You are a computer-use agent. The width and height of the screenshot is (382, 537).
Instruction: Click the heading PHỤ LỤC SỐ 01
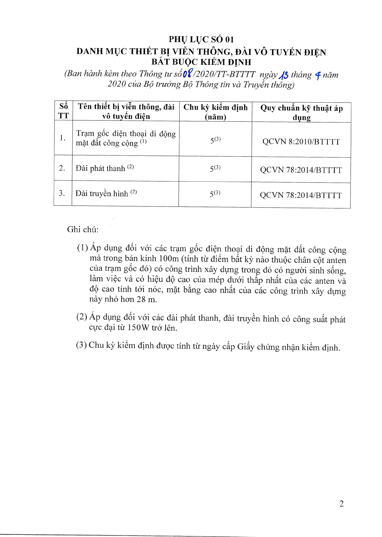click(x=201, y=40)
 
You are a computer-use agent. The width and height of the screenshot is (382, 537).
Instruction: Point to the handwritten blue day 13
click(x=283, y=75)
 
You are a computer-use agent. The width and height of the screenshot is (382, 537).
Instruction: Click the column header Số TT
click(x=64, y=111)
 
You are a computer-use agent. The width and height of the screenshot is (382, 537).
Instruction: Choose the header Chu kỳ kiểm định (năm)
click(x=215, y=112)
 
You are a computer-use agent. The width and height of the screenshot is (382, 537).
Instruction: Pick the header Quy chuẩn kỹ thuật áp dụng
click(x=301, y=112)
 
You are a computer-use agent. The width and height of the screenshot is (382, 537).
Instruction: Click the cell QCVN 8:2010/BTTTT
click(x=301, y=142)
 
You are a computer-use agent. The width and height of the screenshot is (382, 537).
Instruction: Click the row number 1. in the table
click(x=63, y=138)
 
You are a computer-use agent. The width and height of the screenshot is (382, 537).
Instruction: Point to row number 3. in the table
click(x=62, y=193)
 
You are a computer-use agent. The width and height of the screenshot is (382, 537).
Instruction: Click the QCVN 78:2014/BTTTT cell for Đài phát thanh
click(x=301, y=170)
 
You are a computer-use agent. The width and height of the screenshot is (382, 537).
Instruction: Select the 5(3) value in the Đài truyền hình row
click(x=215, y=194)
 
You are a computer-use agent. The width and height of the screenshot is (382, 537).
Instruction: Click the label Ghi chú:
click(x=83, y=229)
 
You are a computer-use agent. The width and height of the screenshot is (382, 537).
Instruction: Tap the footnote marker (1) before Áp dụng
click(x=82, y=248)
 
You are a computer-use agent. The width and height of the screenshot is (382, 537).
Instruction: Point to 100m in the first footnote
click(x=169, y=259)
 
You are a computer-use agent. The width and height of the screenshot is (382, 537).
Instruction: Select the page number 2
click(x=341, y=504)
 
